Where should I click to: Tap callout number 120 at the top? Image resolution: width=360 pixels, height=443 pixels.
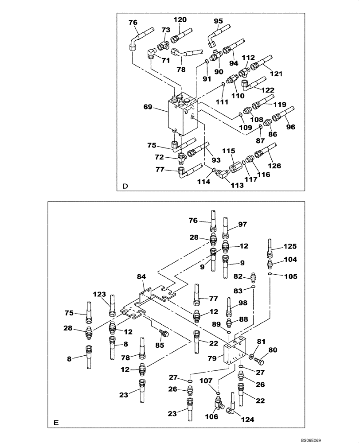[x=180, y=19]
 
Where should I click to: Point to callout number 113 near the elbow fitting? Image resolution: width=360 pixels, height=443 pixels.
[x=237, y=186]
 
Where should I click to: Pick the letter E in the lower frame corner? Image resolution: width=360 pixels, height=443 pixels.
[x=56, y=423]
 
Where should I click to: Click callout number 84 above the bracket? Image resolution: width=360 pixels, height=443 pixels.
[x=141, y=277]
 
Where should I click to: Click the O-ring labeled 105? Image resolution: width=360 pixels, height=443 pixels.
[x=270, y=275]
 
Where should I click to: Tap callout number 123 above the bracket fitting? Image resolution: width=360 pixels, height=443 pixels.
[x=100, y=294]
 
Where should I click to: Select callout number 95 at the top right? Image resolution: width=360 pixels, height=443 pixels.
[x=218, y=21]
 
